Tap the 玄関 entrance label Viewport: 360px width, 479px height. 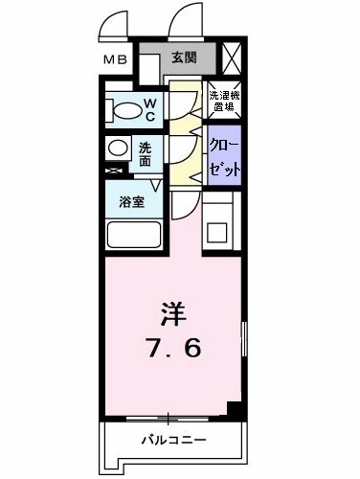pyautogui.click(x=184, y=58)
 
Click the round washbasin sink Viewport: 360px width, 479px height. pyautogui.click(x=117, y=149)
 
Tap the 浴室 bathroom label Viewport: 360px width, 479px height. pyautogui.click(x=132, y=203)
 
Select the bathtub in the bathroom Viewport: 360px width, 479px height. pyautogui.click(x=134, y=236)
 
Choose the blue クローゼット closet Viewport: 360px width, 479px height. pyautogui.click(x=223, y=154)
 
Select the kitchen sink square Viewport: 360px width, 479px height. pyautogui.click(x=217, y=231)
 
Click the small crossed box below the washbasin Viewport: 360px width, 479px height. pyautogui.click(x=115, y=171)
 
